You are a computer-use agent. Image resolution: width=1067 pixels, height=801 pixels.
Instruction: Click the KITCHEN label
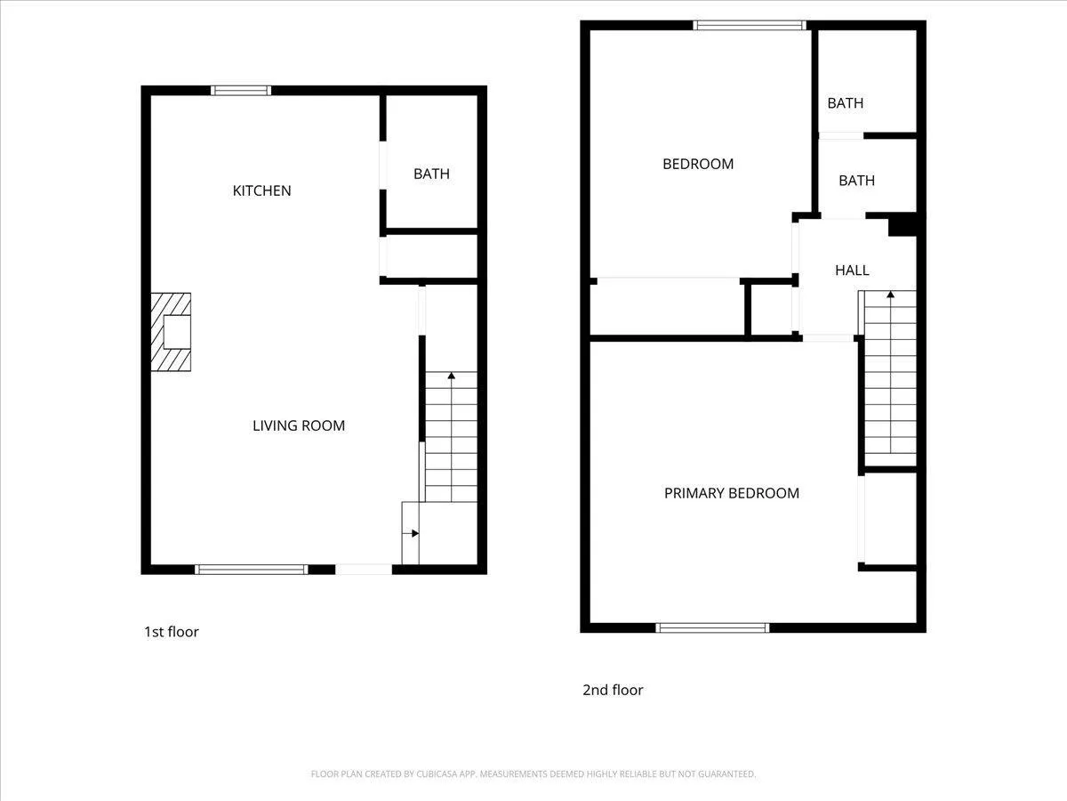(261, 190)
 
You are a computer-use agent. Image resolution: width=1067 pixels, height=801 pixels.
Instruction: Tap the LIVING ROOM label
(299, 425)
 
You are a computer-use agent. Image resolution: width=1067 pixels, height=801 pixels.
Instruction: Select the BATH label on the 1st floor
(431, 174)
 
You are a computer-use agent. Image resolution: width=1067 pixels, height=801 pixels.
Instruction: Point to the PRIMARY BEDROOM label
(732, 493)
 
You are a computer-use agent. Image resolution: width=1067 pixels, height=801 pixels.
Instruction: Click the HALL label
(852, 271)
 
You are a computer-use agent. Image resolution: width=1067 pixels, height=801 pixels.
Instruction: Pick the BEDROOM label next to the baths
(698, 164)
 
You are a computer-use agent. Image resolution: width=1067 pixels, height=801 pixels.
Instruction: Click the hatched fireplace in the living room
(171, 332)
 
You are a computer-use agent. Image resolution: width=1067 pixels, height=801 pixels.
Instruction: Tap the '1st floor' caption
(171, 632)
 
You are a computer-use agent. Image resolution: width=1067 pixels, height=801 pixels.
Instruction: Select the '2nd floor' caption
(613, 690)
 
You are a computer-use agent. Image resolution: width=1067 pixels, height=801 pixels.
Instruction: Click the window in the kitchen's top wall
(241, 91)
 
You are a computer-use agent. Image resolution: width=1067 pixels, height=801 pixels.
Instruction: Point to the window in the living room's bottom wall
(252, 570)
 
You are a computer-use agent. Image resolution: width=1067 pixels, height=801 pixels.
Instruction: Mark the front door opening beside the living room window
(364, 570)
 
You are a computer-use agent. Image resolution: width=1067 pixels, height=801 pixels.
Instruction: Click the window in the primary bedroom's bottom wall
(712, 627)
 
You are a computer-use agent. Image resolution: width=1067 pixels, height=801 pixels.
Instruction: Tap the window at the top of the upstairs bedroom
(750, 25)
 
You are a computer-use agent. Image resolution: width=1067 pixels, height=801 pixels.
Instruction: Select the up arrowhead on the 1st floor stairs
(452, 376)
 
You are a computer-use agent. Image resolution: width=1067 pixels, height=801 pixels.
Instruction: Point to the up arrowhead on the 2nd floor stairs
(891, 295)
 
